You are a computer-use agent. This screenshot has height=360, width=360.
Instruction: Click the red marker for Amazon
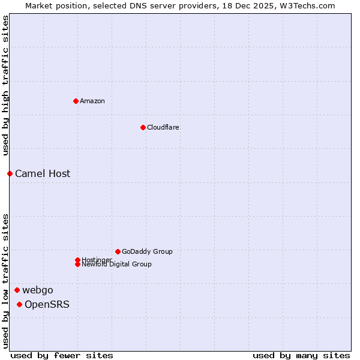(76, 101)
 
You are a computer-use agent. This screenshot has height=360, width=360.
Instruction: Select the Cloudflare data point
(143, 127)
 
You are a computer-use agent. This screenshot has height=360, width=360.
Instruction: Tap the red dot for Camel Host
(10, 173)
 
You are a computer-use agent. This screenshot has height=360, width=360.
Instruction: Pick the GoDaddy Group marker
(118, 251)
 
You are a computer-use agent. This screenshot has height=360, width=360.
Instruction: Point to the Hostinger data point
(77, 260)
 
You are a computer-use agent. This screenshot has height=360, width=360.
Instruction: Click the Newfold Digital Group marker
(77, 264)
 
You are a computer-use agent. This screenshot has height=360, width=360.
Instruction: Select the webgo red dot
(17, 290)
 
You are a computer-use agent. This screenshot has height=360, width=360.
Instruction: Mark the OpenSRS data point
(19, 305)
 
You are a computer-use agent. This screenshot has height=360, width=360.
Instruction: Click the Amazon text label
(92, 101)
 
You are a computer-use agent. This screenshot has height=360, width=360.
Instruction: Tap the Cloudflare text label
(163, 127)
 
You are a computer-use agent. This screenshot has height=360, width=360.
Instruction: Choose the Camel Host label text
(43, 174)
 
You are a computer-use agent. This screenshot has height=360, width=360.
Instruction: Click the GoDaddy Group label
(147, 251)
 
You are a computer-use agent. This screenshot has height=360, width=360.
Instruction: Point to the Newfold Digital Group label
(117, 265)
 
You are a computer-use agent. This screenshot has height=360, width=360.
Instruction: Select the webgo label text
(38, 290)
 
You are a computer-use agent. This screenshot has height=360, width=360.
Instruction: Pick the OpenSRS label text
(47, 305)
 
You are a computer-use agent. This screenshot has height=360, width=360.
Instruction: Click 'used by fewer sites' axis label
(62, 355)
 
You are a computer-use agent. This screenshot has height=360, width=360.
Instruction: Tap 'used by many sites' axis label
(301, 355)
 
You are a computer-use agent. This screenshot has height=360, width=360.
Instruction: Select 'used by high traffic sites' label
(5, 85)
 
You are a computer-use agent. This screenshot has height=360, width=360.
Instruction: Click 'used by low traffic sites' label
(5, 280)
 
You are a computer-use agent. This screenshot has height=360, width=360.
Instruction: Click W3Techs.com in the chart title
(305, 5)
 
